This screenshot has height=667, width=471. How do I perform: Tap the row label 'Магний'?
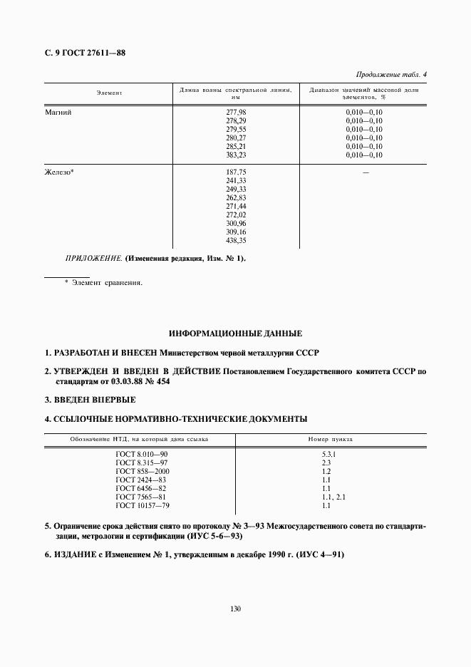click(59, 113)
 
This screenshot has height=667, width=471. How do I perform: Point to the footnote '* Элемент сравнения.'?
click(103, 283)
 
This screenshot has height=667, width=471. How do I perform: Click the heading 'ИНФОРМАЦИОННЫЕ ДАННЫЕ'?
click(235, 333)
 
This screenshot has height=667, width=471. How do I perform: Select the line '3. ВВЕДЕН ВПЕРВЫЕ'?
click(90, 400)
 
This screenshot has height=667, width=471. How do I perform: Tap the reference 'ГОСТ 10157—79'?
click(143, 505)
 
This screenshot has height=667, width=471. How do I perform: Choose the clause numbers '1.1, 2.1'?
click(333, 497)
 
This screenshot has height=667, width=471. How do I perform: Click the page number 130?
click(235, 609)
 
